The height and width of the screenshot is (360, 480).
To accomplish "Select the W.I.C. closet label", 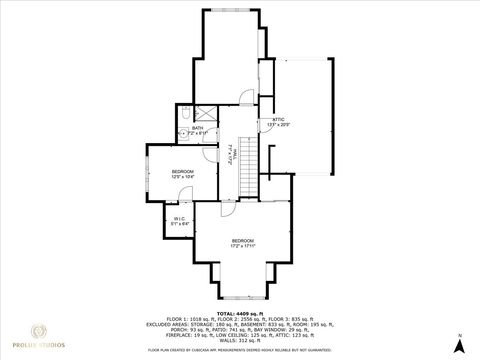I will [178, 220].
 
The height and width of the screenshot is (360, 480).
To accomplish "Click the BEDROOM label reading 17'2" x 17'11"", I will [243, 243].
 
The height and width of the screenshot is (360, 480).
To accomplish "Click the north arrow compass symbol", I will [459, 343].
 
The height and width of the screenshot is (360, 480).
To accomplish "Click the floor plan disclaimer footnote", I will [240, 350].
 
